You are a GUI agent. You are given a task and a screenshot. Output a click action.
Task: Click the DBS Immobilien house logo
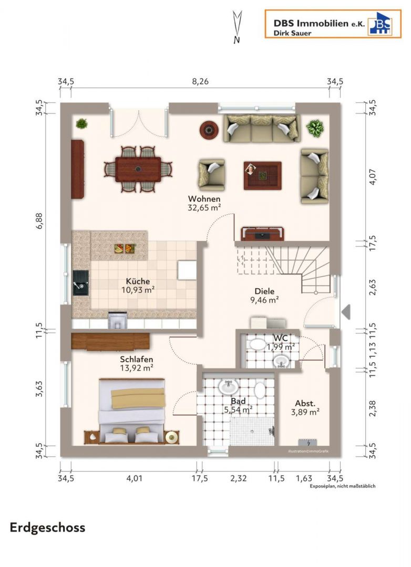(380, 24)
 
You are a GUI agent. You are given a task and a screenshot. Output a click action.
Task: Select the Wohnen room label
(204, 199)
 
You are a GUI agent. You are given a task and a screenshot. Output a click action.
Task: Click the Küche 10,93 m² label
(138, 285)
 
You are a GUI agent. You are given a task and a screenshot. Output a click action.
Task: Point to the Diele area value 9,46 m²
(264, 300)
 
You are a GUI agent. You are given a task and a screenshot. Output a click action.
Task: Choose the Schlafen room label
(137, 360)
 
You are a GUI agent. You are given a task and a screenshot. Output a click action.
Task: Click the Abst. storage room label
(305, 403)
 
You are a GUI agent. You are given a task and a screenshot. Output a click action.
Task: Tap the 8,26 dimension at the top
(200, 81)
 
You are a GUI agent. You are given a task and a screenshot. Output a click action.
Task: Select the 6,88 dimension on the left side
(39, 221)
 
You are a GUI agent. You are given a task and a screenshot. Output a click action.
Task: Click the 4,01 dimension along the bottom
(134, 478)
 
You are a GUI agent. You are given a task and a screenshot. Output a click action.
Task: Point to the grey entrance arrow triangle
(346, 312)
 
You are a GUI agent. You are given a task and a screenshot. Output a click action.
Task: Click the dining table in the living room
(138, 169)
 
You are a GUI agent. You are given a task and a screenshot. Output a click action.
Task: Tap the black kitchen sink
(80, 283)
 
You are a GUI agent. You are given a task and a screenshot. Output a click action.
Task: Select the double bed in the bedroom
(132, 411)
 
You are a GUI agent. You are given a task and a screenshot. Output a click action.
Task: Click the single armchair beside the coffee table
(211, 175)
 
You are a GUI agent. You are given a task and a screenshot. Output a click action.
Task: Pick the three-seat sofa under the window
(261, 129)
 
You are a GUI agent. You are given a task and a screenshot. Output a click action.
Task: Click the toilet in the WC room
(258, 344)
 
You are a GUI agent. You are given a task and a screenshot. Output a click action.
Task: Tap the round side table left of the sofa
(209, 130)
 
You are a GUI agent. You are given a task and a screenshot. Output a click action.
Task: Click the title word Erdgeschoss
(47, 528)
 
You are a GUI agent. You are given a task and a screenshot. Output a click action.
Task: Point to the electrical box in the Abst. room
(308, 443)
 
